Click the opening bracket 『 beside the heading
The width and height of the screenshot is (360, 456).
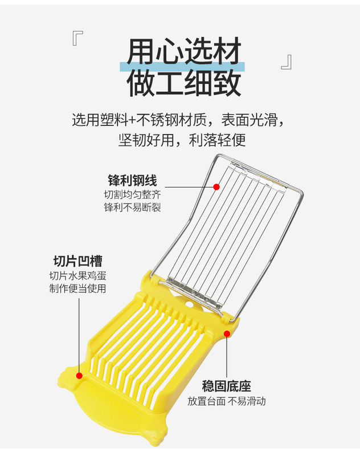pyautogui.click(x=78, y=39)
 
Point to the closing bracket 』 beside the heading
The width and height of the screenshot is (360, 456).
pyautogui.click(x=286, y=62)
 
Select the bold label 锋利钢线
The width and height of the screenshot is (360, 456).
pyautogui.click(x=132, y=181)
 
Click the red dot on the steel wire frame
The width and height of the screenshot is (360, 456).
pyautogui.click(x=216, y=186)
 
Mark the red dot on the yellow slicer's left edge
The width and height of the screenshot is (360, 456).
pyautogui.click(x=79, y=376)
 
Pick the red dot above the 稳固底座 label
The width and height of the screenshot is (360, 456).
pyautogui.click(x=227, y=333)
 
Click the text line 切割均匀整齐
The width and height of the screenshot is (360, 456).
pyautogui.click(x=132, y=195)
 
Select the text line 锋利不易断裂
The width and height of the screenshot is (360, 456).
pyautogui.click(x=132, y=207)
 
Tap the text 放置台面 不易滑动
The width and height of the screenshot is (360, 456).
pyautogui.click(x=227, y=401)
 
